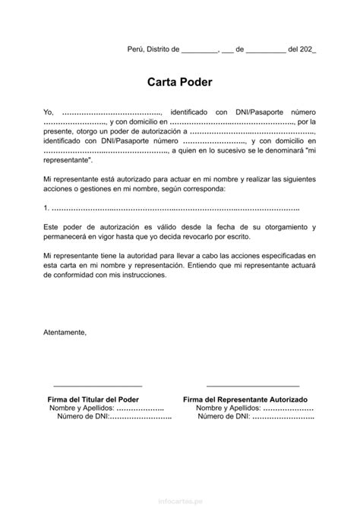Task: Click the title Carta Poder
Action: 180,82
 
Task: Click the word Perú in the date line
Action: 134,49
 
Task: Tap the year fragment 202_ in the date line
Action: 306,49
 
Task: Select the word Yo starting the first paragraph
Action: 48,112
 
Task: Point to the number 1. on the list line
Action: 46,208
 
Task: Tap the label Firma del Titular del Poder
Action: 98,399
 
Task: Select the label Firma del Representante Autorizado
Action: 245,399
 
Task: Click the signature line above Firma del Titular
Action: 98,386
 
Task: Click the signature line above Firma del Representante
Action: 245,386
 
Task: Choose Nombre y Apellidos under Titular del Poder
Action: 81,408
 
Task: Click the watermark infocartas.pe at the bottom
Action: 180,501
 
